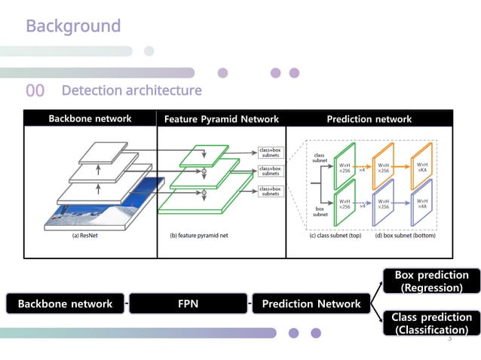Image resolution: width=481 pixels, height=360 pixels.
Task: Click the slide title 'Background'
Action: click(73, 26)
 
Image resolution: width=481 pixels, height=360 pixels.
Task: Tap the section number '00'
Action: click(35, 91)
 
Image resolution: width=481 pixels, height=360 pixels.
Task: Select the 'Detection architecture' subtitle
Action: click(131, 91)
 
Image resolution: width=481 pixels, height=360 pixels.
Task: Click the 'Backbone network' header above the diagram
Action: click(90, 118)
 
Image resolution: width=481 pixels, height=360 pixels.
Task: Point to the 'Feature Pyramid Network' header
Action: click(221, 119)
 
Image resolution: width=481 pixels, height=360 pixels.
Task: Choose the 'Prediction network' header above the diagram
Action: click(369, 119)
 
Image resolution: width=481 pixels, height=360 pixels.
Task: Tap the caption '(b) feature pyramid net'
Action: click(198, 234)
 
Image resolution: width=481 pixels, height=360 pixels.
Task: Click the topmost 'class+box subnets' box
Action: click(271, 153)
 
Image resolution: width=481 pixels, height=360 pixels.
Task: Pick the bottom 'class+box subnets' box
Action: click(271, 191)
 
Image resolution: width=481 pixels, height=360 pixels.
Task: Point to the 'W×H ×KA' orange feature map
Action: click(424, 168)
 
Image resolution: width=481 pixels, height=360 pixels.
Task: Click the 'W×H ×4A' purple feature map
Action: click(424, 204)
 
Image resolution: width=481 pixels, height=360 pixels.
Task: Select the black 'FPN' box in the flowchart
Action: click(188, 304)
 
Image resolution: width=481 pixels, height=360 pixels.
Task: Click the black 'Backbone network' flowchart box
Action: click(64, 304)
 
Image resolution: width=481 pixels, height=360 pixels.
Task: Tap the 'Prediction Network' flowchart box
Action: click(311, 304)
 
